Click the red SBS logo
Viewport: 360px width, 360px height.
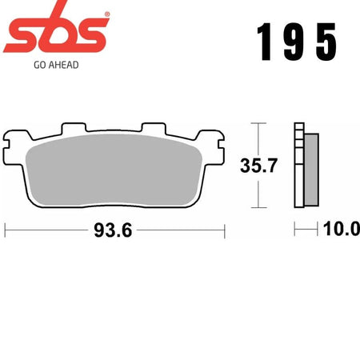tap(56, 30)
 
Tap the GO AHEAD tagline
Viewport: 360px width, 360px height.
tap(56, 65)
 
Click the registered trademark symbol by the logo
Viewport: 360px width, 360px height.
tap(107, 14)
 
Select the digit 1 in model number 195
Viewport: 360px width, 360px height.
tap(265, 42)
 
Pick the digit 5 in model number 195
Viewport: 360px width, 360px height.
tap(326, 42)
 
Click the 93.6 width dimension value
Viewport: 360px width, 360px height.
tap(113, 230)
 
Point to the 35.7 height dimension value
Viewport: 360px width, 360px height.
tap(258, 166)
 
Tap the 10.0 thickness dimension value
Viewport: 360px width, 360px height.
tap(342, 229)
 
